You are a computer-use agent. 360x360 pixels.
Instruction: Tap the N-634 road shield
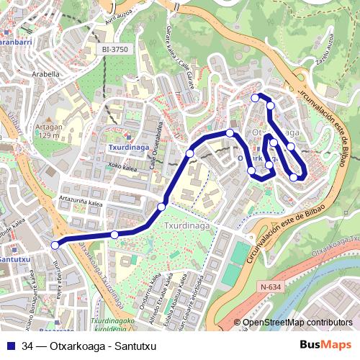point(269,287)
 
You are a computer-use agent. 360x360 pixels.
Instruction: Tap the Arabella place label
point(45,73)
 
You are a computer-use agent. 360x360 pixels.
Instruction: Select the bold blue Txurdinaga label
point(127,147)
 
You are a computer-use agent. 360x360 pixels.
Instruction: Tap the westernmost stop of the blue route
point(55,246)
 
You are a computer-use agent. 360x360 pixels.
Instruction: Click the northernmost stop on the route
point(255,98)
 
